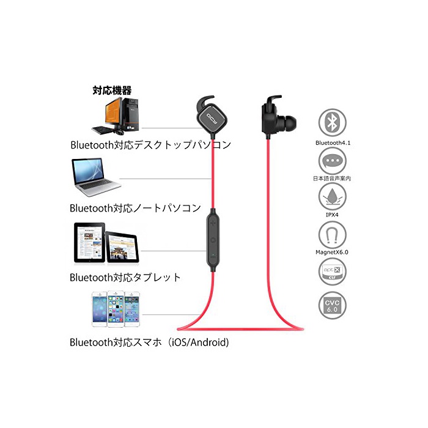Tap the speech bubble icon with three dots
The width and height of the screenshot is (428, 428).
(332, 160)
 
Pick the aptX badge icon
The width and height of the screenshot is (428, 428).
(332, 270)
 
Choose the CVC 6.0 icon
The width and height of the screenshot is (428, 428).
(332, 306)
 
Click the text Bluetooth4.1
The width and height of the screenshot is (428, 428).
(333, 142)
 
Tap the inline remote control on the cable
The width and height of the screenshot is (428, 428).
(212, 236)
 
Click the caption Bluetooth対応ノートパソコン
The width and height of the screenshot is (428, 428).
(135, 208)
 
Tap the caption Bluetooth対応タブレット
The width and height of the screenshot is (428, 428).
(125, 277)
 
